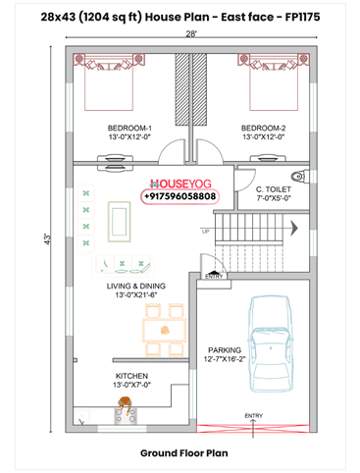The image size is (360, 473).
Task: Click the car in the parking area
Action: pyautogui.click(x=270, y=344)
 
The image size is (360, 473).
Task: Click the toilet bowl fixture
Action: pyautogui.click(x=301, y=177)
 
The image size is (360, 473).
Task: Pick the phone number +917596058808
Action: pyautogui.click(x=180, y=196)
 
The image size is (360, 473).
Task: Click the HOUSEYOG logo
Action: pyautogui.click(x=180, y=184)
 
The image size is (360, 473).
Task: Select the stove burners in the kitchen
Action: pyautogui.click(x=126, y=415)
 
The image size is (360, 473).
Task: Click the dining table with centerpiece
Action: pyautogui.click(x=165, y=331)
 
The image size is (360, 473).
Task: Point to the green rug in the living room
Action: pyautogui.click(x=120, y=222)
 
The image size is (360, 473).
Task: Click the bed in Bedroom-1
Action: pyautogui.click(x=109, y=81)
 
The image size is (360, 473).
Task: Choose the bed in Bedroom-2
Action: pyautogui.click(x=274, y=81)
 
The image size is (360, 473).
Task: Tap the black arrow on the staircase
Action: pyautogui.click(x=294, y=228)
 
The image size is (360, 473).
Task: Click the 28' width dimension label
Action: pyautogui.click(x=191, y=33)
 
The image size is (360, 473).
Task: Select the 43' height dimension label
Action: pyautogui.click(x=48, y=239)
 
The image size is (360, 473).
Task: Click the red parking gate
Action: pyautogui.click(x=253, y=428)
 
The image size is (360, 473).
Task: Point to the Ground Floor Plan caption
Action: pyautogui.click(x=184, y=453)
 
